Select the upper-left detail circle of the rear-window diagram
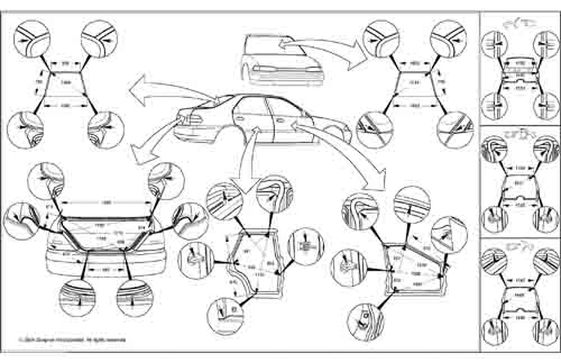click(x=32, y=37)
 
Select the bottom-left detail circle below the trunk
click(x=77, y=297)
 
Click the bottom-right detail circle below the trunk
click(x=134, y=297)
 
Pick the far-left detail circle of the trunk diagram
click(x=21, y=220)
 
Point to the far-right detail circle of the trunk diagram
click(x=190, y=220)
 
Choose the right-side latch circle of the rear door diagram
click(x=306, y=247)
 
